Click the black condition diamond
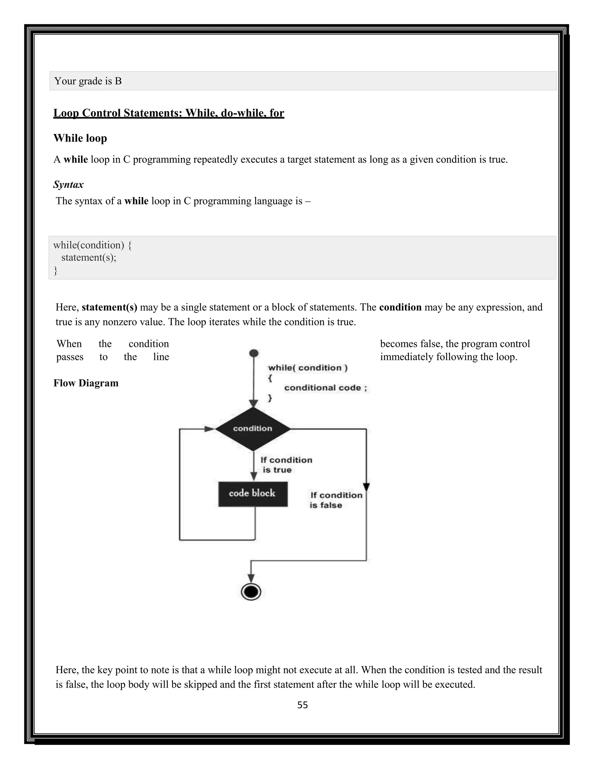(x=252, y=429)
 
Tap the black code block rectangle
(x=252, y=494)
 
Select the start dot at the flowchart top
(x=254, y=353)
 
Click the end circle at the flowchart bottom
(x=251, y=592)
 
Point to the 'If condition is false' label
(x=336, y=500)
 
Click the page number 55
(x=303, y=705)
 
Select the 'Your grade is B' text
(x=88, y=81)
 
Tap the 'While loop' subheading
(x=80, y=138)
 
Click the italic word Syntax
(x=69, y=184)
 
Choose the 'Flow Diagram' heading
(x=86, y=383)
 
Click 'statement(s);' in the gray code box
(x=89, y=257)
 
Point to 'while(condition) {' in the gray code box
(x=92, y=245)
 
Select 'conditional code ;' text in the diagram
(x=325, y=387)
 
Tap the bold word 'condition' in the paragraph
(x=400, y=307)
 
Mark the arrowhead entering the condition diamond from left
(x=210, y=429)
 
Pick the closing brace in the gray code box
(x=55, y=270)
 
